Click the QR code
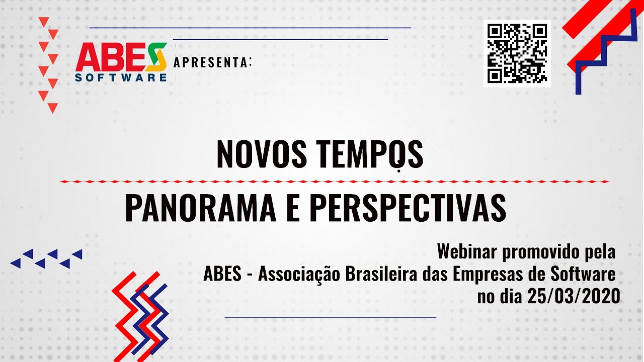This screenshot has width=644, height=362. [x=517, y=53]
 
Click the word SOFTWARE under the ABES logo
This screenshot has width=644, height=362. [x=121, y=77]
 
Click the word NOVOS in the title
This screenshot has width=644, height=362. [x=262, y=154]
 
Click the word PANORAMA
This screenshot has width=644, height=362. [x=200, y=208]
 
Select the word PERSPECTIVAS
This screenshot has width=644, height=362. [x=408, y=208]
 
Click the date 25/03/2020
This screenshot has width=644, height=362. [x=574, y=297]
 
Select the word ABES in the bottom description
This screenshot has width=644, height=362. [x=222, y=274]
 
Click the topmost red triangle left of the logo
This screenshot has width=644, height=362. [x=44, y=22]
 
